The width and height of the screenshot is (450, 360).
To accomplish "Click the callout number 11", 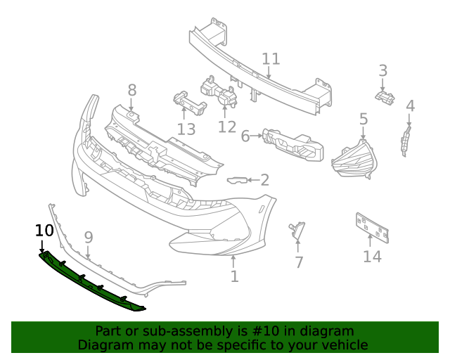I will tap(271, 59).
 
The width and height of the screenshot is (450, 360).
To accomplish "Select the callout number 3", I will tap(383, 70).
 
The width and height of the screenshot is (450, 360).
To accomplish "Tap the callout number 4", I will tap(410, 106).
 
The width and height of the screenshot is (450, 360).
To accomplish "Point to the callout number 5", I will tap(364, 119).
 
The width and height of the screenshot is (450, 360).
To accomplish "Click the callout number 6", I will tap(245, 136).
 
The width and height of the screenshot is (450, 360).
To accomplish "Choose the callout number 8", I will tap(132, 90).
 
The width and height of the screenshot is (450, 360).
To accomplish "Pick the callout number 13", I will tap(186, 129).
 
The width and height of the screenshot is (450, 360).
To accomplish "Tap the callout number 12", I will tap(227, 127).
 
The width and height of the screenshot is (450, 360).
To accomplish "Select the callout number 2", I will tap(264, 180).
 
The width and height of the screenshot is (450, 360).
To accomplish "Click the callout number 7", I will tap(299, 262).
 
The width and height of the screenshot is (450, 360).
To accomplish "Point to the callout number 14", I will tap(372, 256).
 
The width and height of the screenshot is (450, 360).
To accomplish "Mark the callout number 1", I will tap(234, 276).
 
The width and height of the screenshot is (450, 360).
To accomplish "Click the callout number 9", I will tap(89, 238).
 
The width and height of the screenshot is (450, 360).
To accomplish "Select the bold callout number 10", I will tap(44, 230).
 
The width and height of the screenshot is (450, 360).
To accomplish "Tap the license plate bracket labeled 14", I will tap(371, 227).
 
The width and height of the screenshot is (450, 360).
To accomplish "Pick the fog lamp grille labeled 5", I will tap(355, 162).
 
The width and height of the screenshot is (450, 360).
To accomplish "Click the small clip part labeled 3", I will tap(384, 97).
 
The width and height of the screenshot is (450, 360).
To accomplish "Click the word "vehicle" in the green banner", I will tap(344, 345).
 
